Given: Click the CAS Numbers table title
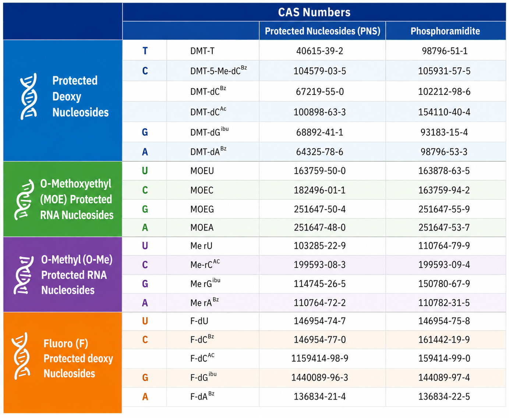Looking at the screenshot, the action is click(314, 12).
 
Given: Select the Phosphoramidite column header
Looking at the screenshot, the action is click(445, 31).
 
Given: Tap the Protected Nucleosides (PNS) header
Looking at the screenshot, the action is click(322, 31).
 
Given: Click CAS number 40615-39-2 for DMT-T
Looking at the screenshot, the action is click(319, 51).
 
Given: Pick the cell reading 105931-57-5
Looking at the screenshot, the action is click(444, 71).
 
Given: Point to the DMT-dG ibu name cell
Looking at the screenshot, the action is click(209, 132).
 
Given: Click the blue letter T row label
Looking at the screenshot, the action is click(145, 51).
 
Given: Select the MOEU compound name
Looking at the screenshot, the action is click(202, 171).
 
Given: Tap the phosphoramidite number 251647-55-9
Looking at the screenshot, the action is click(444, 209).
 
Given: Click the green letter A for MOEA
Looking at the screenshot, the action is click(145, 228).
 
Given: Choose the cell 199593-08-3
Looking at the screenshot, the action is click(319, 265).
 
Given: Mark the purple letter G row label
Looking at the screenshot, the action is click(145, 284).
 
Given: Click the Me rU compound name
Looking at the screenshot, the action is click(201, 246).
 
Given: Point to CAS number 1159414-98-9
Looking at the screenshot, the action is click(319, 358).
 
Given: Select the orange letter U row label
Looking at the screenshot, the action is click(145, 321).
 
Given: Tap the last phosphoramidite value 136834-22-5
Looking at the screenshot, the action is click(444, 397).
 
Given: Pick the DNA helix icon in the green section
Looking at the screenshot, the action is click(24, 200).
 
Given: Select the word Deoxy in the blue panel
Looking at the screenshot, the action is click(67, 97).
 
